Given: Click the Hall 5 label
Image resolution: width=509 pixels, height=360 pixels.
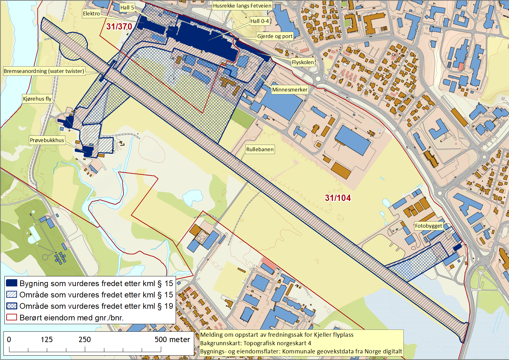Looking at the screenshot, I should tap(127, 8).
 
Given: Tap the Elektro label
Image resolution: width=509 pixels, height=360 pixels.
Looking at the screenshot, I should tap(91, 14).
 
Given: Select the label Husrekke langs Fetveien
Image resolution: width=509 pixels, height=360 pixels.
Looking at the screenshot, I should tap(242, 6).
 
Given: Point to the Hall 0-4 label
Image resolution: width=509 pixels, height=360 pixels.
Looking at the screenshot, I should tap(260, 21).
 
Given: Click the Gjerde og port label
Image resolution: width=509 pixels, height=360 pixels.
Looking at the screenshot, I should tap(275, 36).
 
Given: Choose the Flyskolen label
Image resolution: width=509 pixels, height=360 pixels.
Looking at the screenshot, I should tap(303, 62).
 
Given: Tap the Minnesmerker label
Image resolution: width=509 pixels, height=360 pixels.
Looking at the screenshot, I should tap(289, 90).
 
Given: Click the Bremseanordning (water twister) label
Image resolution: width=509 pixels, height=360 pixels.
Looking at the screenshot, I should tap(44, 71).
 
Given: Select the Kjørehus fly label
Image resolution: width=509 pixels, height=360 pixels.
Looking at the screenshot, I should tap(37, 99).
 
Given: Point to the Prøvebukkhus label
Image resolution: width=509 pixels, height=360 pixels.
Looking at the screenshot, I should tap(47, 140).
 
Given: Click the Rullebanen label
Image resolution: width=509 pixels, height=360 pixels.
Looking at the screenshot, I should tap(260, 149).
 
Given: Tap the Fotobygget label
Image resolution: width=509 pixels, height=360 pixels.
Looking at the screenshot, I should tap(428, 226).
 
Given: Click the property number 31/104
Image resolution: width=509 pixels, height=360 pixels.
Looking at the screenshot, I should tap(338, 198).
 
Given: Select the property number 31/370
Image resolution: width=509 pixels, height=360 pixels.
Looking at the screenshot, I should tap(119, 27).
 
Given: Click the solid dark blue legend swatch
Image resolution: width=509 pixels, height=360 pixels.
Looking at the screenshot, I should tap(12, 283).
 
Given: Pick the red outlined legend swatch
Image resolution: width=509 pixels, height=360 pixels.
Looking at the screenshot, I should tap(12, 317).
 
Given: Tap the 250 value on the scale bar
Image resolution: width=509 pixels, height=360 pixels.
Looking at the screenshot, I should tap(85, 340).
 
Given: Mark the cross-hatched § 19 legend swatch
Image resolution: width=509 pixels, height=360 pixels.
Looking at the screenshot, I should tap(12, 306).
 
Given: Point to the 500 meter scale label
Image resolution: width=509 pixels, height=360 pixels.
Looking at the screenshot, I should tap(172, 340).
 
